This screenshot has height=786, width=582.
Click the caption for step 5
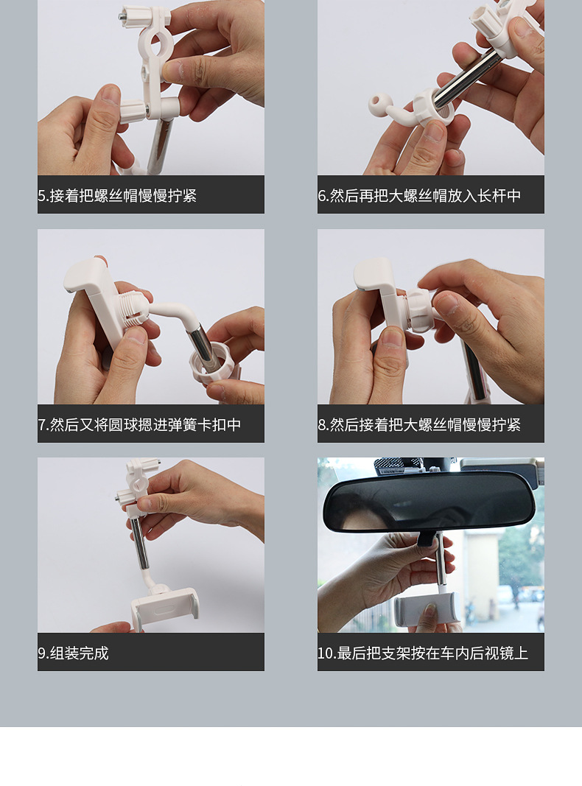117,195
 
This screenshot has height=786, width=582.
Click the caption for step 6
419,195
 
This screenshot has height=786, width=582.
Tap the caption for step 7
139,424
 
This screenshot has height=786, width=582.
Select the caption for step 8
419,424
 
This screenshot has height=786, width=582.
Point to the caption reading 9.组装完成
73,653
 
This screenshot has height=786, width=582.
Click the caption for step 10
423,653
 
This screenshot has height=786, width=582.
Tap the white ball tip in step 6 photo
376,105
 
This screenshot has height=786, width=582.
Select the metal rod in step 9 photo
139,544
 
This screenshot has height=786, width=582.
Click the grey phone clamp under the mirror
427,608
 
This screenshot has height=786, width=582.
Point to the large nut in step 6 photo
434,106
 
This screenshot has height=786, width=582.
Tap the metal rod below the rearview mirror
441,560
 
